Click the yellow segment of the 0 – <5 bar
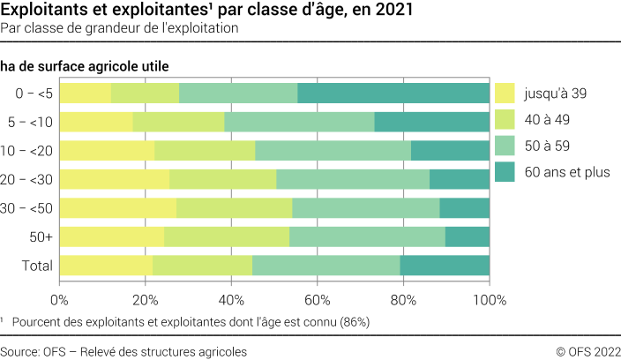(x=85, y=94)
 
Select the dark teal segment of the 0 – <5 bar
(x=393, y=94)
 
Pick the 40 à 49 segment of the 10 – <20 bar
(x=205, y=151)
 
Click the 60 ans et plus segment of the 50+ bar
(x=468, y=236)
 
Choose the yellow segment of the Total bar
(x=106, y=266)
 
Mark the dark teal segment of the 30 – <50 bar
(x=464, y=208)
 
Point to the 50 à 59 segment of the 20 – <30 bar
(x=353, y=179)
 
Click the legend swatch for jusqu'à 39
(x=505, y=93)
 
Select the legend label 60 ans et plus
(x=566, y=172)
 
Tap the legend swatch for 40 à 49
(x=505, y=119)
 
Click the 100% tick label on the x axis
(x=490, y=300)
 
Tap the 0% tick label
(x=59, y=300)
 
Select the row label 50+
(x=41, y=236)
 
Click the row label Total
(x=37, y=266)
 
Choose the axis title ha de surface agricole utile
(x=85, y=65)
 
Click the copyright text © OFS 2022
(x=587, y=351)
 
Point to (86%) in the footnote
(x=352, y=323)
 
